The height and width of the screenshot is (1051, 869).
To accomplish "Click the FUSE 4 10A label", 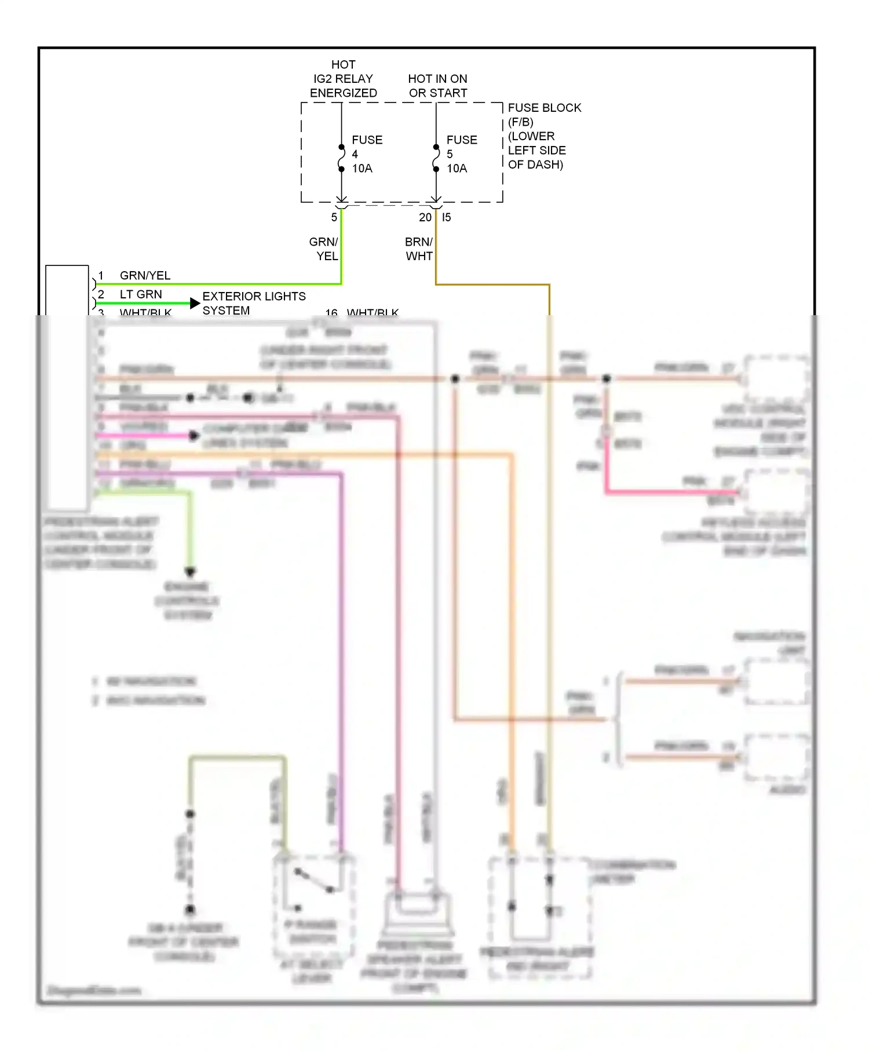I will (x=366, y=154).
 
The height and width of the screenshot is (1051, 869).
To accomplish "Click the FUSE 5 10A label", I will (x=461, y=154).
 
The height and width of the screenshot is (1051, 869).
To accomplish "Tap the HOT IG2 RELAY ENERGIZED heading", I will (x=343, y=79).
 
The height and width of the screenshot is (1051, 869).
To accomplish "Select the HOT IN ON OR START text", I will (x=437, y=86).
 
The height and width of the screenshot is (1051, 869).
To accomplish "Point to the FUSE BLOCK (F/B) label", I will (x=543, y=115).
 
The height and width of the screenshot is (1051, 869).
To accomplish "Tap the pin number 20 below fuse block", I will (x=425, y=217).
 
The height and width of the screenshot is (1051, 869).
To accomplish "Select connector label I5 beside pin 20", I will (x=446, y=217).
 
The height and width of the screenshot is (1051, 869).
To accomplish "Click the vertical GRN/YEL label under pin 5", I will (x=324, y=249).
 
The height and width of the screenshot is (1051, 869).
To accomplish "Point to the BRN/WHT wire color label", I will (x=419, y=249).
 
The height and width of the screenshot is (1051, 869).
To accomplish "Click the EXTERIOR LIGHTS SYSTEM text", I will (x=253, y=303).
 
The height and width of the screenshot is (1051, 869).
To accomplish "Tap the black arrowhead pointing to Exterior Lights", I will (x=195, y=303).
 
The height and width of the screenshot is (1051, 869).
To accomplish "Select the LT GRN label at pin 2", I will (x=141, y=294).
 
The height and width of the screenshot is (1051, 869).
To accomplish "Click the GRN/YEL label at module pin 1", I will (x=145, y=275).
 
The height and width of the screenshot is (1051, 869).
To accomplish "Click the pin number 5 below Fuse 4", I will (x=334, y=217).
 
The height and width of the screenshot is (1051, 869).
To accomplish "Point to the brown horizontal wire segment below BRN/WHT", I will (x=492, y=284).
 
